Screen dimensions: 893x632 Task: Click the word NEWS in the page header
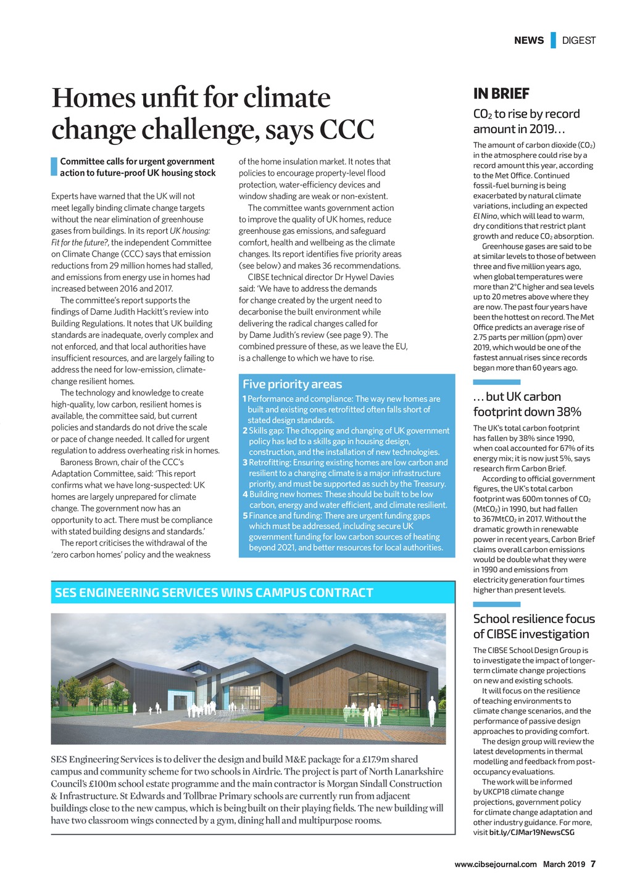pyautogui.click(x=529, y=41)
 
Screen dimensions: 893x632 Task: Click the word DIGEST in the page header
pyautogui.click(x=578, y=41)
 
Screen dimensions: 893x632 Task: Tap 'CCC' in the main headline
pyautogui.click(x=346, y=130)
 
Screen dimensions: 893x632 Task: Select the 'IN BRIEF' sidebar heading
pyautogui.click(x=501, y=94)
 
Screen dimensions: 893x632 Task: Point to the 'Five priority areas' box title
pyautogui.click(x=292, y=384)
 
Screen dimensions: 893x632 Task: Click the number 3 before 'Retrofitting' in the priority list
pyautogui.click(x=244, y=463)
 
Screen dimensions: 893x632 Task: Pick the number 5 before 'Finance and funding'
pyautogui.click(x=244, y=516)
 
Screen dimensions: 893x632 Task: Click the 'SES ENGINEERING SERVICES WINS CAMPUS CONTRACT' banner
pyautogui.click(x=214, y=593)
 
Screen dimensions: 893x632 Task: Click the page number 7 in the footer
pyautogui.click(x=593, y=864)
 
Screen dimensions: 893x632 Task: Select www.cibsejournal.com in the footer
pyautogui.click(x=496, y=864)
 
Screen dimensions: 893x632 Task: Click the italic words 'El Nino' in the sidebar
pyautogui.click(x=485, y=216)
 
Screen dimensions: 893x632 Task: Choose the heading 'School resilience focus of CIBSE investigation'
pyautogui.click(x=534, y=627)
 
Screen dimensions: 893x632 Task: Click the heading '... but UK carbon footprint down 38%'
pyautogui.click(x=527, y=404)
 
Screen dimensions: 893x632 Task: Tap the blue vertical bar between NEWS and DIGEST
pyautogui.click(x=553, y=40)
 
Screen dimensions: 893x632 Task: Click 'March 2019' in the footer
pyautogui.click(x=564, y=864)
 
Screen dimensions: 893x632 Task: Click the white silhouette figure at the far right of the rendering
pyautogui.click(x=432, y=710)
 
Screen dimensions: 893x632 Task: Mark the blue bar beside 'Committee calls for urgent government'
pyautogui.click(x=54, y=167)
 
